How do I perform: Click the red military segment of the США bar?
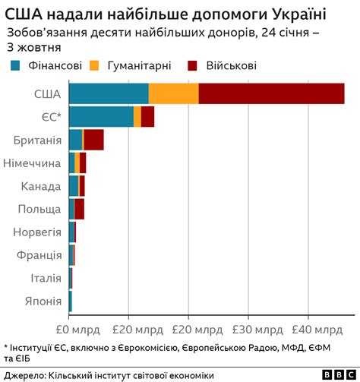pos(271,93)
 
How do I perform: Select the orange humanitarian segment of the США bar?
pos(173,93)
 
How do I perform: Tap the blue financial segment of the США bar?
pos(108,93)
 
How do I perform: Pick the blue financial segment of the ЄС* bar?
pos(100,117)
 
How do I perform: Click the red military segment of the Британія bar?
pos(93,140)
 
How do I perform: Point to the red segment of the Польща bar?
pos(79,209)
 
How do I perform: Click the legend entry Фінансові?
pos(46,66)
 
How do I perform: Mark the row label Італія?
pos(46,279)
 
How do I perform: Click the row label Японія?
pos(43,301)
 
